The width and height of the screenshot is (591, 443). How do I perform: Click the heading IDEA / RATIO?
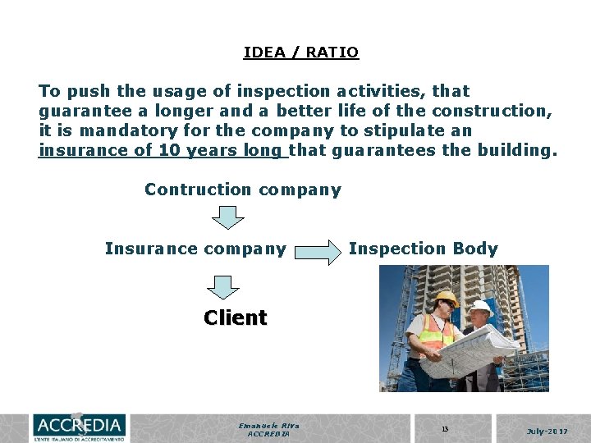pyautogui.click(x=300, y=53)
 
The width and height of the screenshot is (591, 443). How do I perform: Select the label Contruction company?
pyautogui.click(x=242, y=190)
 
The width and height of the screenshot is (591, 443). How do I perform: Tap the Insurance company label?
pyautogui.click(x=195, y=249)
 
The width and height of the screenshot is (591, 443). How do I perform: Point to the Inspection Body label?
pyautogui.click(x=423, y=249)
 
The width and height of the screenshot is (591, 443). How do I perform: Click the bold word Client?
pyautogui.click(x=236, y=317)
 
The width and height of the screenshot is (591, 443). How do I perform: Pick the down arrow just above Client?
pyautogui.click(x=223, y=286)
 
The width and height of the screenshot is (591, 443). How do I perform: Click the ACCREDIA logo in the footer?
pyautogui.click(x=79, y=427)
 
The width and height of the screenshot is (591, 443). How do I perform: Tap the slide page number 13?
pyautogui.click(x=445, y=428)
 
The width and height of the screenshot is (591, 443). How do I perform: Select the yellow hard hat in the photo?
pyautogui.click(x=446, y=299)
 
